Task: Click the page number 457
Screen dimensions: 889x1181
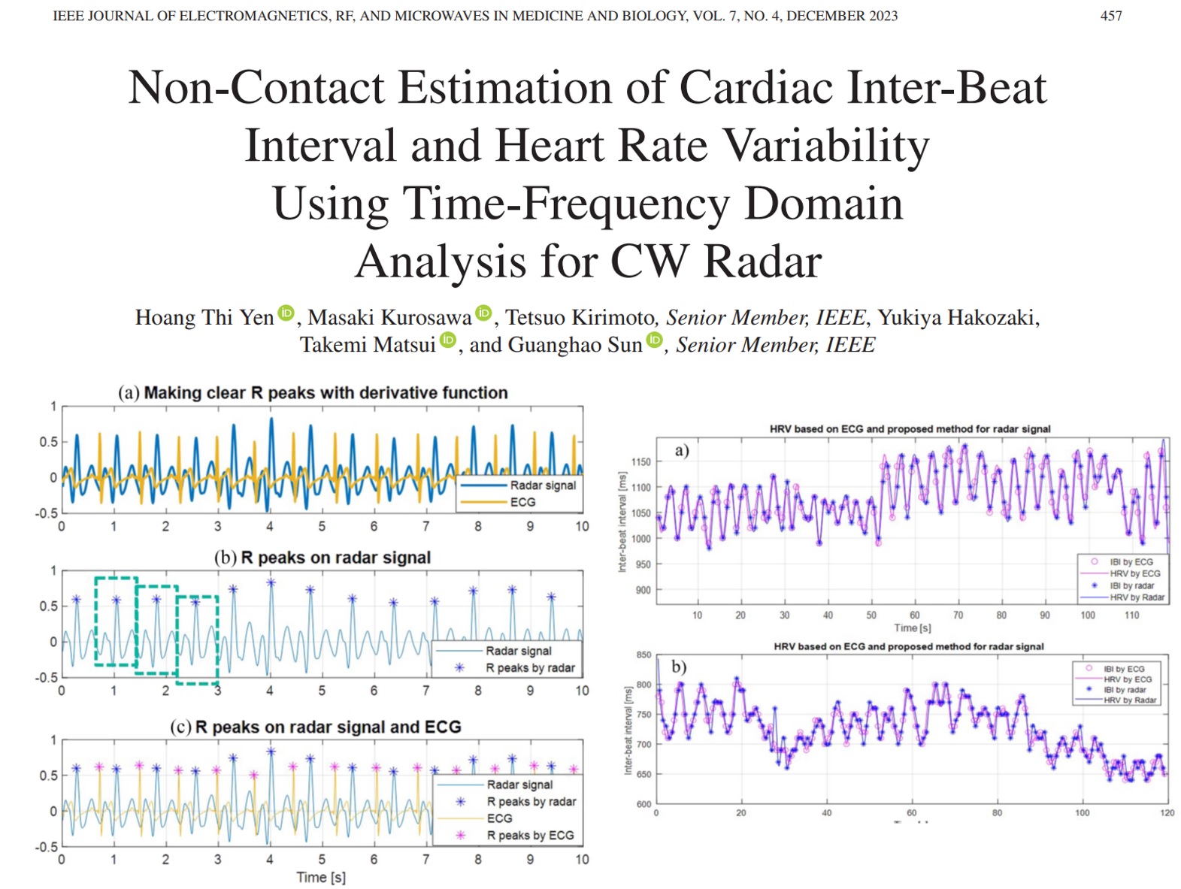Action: click(x=1110, y=16)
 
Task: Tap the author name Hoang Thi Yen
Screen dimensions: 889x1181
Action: click(x=204, y=318)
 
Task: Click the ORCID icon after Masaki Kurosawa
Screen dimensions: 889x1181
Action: click(x=484, y=313)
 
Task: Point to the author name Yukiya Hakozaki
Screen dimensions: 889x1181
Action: click(x=958, y=318)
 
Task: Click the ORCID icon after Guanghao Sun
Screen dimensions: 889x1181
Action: click(x=655, y=340)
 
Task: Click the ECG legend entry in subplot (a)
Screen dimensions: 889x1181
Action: click(x=522, y=502)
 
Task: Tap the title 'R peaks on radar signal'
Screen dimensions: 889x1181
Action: click(x=335, y=558)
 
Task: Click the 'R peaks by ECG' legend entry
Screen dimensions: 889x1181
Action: click(x=530, y=835)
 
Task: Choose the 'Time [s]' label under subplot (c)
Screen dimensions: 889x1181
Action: click(x=321, y=877)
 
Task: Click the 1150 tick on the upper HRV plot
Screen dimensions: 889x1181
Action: click(x=640, y=461)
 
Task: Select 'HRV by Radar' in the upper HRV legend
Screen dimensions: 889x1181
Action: click(x=1137, y=597)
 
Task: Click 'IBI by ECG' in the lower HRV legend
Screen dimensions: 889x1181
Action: click(x=1124, y=669)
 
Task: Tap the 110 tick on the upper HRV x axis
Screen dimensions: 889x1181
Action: click(x=1131, y=615)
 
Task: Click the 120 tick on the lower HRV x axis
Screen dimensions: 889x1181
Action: click(x=1167, y=813)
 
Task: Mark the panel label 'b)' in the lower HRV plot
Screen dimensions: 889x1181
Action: click(x=679, y=667)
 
